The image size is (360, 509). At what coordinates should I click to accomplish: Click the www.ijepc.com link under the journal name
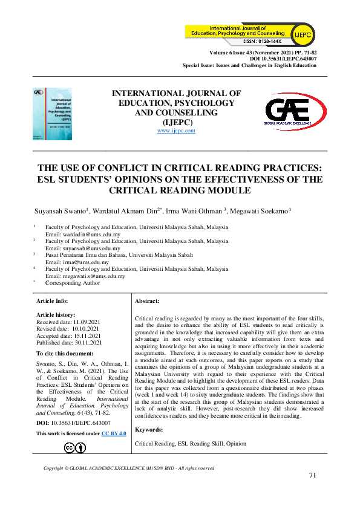[x=176, y=131]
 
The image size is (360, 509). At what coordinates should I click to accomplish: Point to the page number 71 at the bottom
[x=312, y=475]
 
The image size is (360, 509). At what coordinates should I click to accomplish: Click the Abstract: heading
[x=147, y=300]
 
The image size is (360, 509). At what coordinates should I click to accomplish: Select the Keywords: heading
[x=149, y=429]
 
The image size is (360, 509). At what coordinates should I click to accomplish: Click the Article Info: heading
[x=53, y=300]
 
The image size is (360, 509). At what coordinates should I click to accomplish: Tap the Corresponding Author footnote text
[x=73, y=283]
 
